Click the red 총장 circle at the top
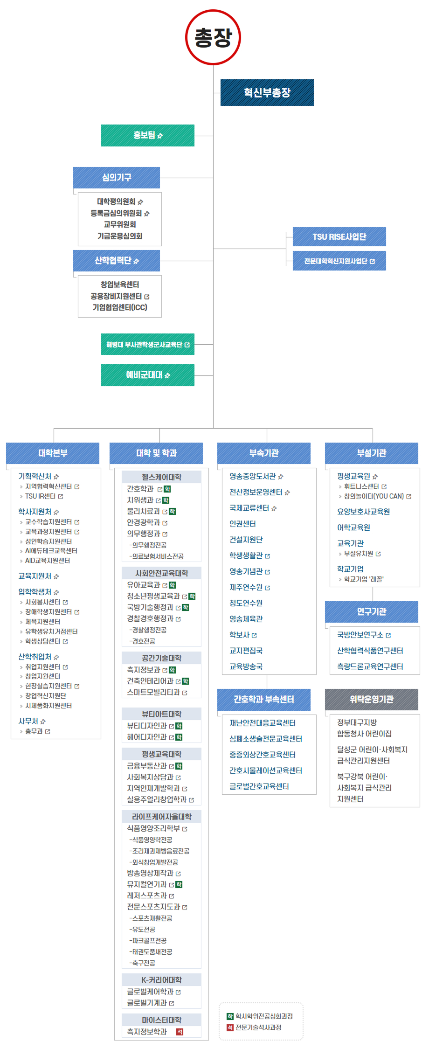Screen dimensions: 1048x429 213,37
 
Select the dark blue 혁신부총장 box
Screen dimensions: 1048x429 267,92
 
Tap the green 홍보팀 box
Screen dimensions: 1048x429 147,135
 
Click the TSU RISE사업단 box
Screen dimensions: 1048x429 339,236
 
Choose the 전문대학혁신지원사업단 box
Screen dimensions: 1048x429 339,261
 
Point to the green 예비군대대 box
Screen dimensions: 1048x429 147,375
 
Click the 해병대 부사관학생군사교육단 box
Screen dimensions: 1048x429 147,344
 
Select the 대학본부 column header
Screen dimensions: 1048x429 53,453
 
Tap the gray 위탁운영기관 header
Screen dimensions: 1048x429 371,699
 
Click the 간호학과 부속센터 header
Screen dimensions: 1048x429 263,699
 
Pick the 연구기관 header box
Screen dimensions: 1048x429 371,611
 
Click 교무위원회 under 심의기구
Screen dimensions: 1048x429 120,224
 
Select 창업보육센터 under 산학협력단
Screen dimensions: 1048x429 120,285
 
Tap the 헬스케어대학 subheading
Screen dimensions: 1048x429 161,477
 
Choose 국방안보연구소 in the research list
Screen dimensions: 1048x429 360,635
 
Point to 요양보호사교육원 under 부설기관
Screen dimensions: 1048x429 363,512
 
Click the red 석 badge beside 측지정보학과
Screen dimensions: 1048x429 180,1032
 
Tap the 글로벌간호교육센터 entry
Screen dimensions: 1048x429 259,786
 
